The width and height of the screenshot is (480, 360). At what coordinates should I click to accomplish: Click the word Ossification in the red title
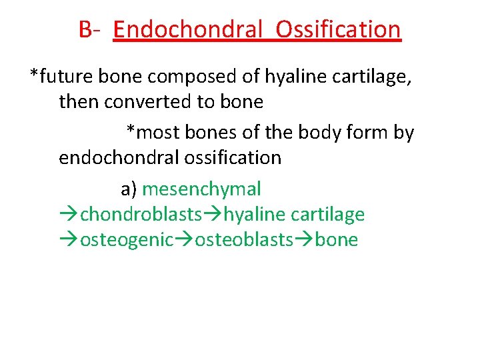point(338,29)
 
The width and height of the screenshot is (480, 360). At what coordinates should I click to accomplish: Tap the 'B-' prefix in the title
point(89,29)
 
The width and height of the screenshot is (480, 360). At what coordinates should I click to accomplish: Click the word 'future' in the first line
point(67,77)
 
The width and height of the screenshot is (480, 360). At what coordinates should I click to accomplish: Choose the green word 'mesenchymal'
point(201,189)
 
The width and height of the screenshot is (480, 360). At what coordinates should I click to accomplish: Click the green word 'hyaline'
point(257,215)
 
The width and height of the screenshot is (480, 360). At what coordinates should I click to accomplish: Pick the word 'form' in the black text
point(365,133)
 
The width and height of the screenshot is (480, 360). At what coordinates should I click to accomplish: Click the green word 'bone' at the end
point(337,240)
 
